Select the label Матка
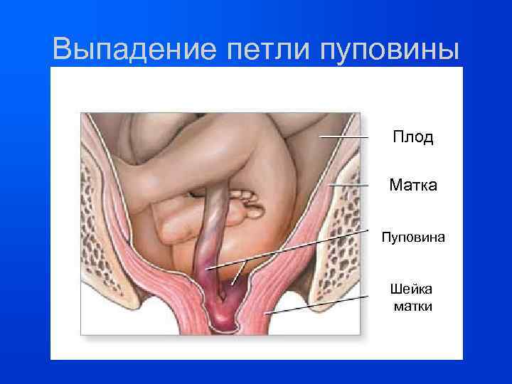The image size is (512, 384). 413,186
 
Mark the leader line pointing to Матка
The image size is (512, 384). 352,186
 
